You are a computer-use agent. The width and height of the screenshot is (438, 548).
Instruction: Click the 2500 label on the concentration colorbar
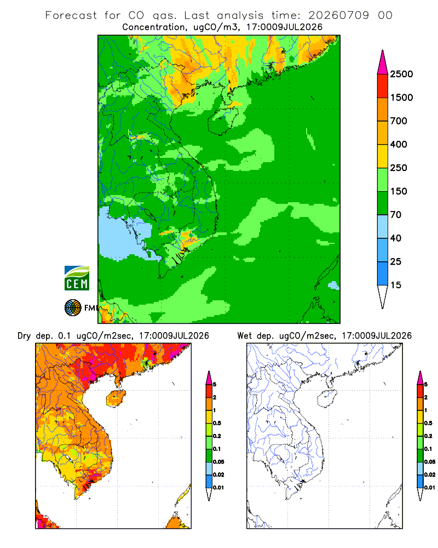click(x=401, y=74)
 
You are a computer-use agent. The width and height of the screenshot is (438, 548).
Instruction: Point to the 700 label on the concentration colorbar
click(x=399, y=121)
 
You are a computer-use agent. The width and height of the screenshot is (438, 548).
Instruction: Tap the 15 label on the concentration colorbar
click(x=396, y=285)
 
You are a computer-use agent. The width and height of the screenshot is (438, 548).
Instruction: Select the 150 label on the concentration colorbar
click(x=399, y=191)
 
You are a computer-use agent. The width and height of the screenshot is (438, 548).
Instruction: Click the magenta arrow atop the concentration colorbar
click(x=383, y=63)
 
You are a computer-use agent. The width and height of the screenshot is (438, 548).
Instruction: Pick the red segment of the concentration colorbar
click(x=383, y=86)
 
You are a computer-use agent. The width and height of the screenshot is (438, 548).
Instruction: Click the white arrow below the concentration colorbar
click(x=383, y=295)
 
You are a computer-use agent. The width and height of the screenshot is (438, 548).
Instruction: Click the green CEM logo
click(x=77, y=278)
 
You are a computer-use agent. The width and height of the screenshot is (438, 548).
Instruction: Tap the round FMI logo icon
click(x=73, y=308)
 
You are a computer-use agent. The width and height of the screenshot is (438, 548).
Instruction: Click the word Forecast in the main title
click(x=71, y=15)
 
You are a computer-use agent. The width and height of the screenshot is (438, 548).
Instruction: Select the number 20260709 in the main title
click(x=338, y=15)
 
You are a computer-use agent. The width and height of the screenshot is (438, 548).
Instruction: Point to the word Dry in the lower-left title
click(x=24, y=336)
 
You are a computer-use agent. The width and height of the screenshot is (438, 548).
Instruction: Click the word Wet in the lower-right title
click(x=244, y=336)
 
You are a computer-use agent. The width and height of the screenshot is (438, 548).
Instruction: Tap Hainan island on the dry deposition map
click(x=116, y=398)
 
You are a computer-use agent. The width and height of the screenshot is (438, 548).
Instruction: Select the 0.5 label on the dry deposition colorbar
click(x=217, y=423)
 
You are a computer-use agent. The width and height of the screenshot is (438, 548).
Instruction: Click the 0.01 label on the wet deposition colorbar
click(x=430, y=488)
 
